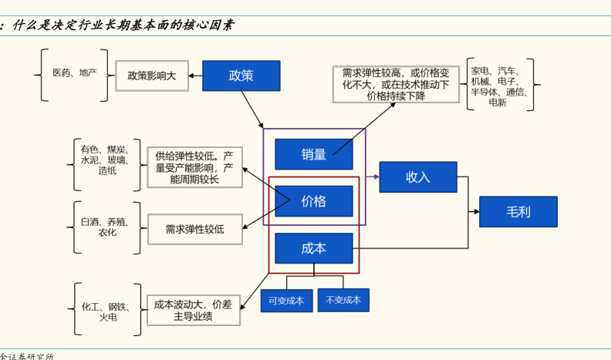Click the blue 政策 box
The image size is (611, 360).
[241, 76]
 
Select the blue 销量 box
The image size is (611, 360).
[314, 154]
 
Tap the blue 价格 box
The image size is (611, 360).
[314, 201]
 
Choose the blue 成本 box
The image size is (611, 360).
[314, 248]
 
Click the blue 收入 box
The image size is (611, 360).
[418, 177]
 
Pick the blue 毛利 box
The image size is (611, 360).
[518, 212]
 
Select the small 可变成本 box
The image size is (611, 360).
[287, 301]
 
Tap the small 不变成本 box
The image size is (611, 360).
[343, 300]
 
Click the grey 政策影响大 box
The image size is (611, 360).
[152, 76]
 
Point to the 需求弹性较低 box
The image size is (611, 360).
[194, 229]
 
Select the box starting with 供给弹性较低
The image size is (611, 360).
[194, 167]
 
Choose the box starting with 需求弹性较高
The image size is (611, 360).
[396, 84]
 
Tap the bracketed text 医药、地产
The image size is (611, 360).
[75, 72]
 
